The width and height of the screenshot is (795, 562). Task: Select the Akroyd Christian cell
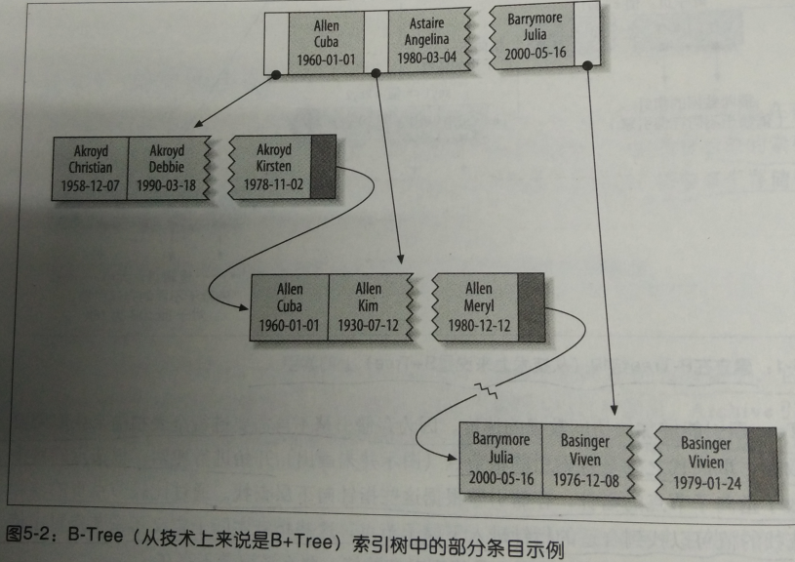point(91,168)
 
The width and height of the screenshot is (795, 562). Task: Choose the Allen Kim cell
point(368,306)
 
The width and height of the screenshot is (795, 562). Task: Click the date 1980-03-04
point(425,57)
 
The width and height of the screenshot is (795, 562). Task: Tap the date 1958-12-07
point(91,183)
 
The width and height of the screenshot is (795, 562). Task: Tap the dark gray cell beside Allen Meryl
point(529,306)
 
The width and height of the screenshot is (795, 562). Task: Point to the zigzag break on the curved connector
point(485,392)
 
